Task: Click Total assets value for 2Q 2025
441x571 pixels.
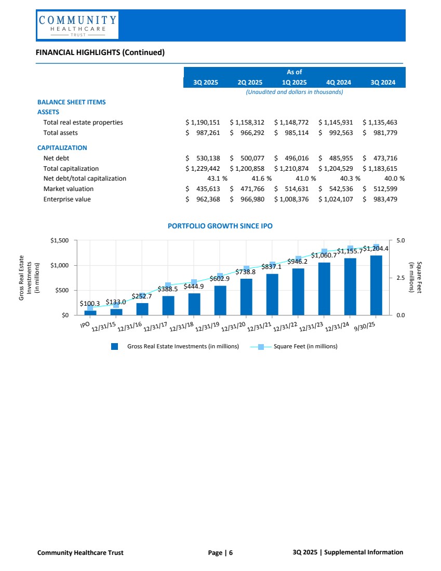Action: coord(247,133)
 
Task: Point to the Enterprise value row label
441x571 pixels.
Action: coord(67,198)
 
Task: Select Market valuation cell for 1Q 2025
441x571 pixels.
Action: coord(291,188)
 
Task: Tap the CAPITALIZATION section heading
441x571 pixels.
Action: coord(62,148)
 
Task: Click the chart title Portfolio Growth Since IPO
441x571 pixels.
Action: coord(220,226)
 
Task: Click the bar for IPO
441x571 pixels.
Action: coord(90,312)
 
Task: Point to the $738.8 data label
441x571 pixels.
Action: coord(246,272)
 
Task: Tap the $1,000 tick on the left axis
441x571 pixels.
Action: coord(61,265)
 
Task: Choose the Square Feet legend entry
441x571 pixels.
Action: coord(305,346)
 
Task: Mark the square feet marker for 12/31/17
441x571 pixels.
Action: coord(168,285)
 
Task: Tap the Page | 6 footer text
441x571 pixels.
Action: coord(220,552)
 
